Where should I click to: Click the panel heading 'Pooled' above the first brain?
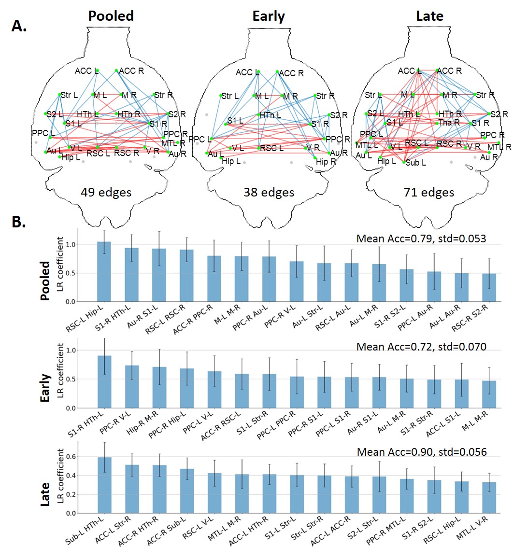tap(111, 16)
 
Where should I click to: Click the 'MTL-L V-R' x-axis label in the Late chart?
tap(485, 529)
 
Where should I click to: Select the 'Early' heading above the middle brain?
tap(269, 16)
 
